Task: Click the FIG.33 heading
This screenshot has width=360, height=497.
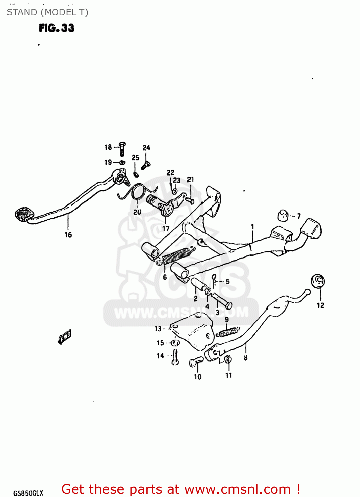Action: pos(56,28)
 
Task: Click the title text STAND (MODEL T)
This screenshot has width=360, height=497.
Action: pos(47,13)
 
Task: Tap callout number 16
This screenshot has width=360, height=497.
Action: pos(68,235)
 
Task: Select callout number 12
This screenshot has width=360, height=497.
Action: pos(320,305)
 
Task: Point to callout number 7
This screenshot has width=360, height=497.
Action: pos(299,216)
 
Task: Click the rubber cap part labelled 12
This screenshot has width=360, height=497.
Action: pos(318,281)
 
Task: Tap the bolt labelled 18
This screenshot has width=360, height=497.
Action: pos(122,149)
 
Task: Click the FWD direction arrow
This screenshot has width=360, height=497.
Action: pos(65,337)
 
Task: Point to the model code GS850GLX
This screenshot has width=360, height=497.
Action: pos(28,493)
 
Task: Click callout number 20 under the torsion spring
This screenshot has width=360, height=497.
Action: pos(137,212)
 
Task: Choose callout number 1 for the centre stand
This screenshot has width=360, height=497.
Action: pos(252,227)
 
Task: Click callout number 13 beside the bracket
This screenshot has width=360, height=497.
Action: pos(158,329)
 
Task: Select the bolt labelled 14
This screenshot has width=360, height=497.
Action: pos(175,357)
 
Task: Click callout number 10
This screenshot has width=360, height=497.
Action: pos(198,377)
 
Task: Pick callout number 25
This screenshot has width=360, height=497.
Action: pos(135,158)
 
